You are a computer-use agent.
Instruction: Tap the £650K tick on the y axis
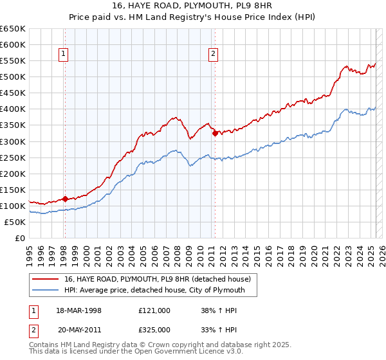click(x=13, y=29)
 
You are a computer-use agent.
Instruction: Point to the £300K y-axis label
click(x=13, y=141)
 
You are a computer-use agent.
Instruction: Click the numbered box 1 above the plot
click(x=64, y=55)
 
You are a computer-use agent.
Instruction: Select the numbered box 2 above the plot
click(x=213, y=55)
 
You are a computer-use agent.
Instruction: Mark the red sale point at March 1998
click(x=65, y=199)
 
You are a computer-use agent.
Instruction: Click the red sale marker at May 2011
click(x=215, y=133)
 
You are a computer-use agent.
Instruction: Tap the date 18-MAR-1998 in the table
click(x=79, y=310)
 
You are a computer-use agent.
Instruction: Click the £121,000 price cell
click(x=154, y=310)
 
